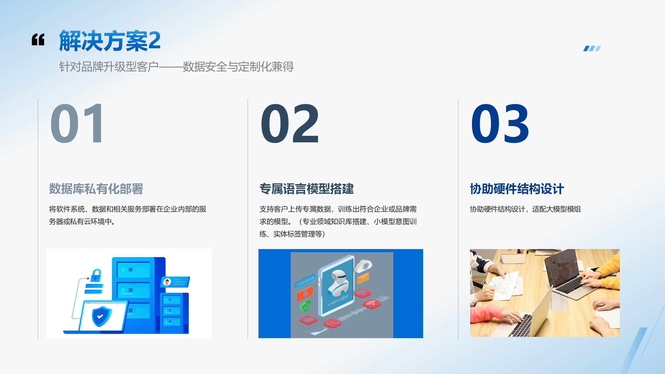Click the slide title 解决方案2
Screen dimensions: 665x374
[110, 41]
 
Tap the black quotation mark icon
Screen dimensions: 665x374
[38, 39]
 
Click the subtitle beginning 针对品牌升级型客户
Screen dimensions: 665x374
[176, 67]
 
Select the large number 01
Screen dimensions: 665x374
[77, 123]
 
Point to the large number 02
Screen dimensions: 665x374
[290, 123]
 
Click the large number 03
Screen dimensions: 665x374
[500, 123]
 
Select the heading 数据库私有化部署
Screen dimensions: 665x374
[96, 189]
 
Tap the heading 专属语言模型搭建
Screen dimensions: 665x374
[307, 189]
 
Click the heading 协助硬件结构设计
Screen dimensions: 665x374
[517, 189]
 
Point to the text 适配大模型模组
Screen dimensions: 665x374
[556, 209]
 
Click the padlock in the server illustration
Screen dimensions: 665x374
[96, 276]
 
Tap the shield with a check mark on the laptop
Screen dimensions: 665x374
[102, 316]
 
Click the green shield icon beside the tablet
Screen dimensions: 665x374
[306, 307]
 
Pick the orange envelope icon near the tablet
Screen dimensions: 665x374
[363, 278]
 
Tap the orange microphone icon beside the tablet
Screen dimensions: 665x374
[305, 293]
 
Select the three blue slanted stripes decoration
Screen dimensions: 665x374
[592, 49]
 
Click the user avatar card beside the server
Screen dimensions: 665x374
[175, 282]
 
